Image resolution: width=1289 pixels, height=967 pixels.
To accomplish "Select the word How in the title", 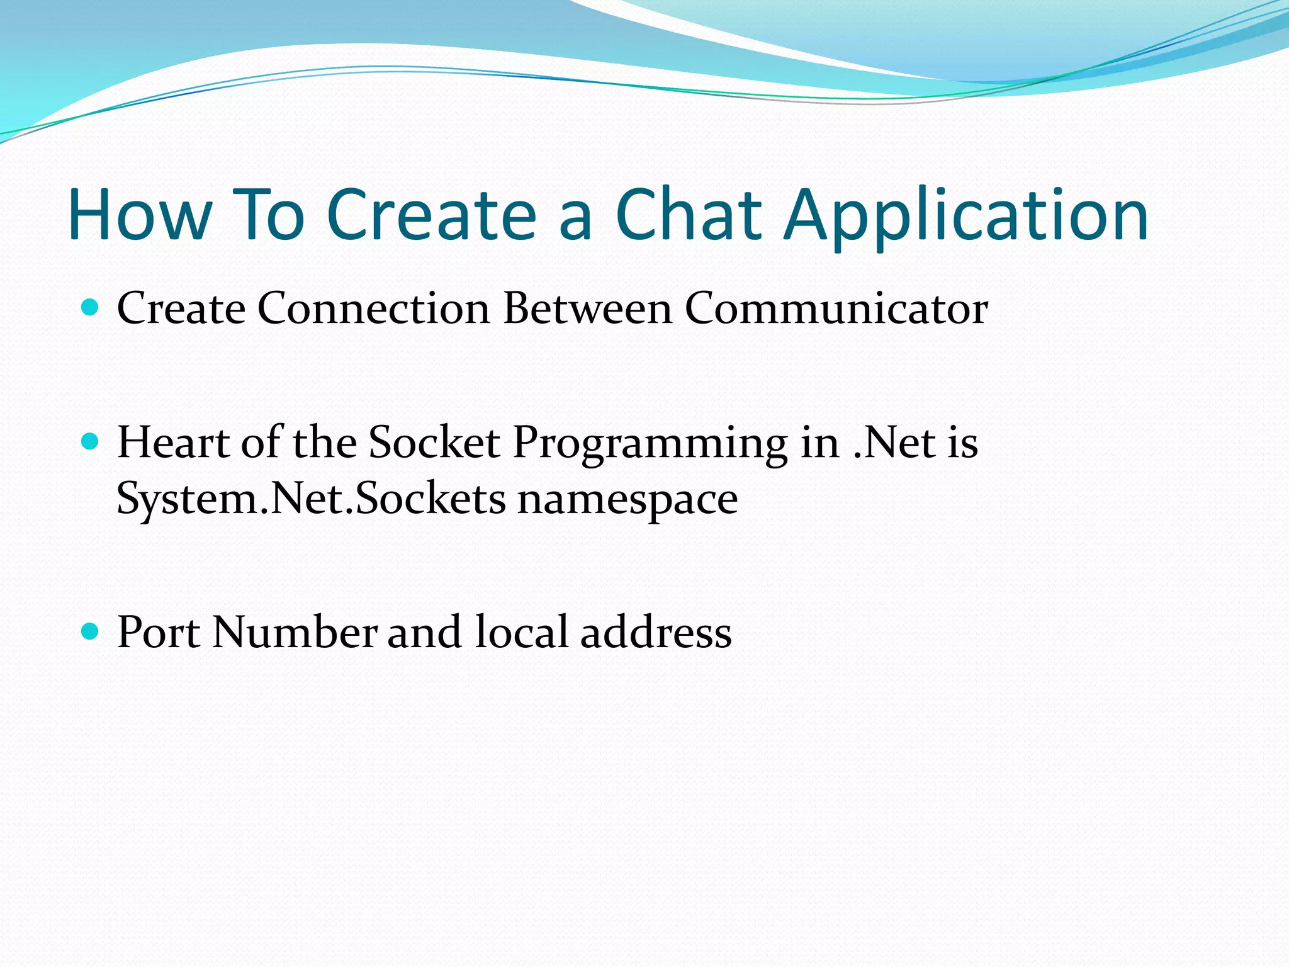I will tap(140, 215).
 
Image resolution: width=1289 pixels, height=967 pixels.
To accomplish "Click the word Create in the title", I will tap(432, 215).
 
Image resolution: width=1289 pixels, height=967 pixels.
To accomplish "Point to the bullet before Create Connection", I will tap(91, 308).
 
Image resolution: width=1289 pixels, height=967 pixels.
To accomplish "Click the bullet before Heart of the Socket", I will tap(91, 441).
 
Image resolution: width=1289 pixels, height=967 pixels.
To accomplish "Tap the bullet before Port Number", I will tap(91, 631).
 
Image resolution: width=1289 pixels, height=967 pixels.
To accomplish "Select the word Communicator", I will tap(836, 308).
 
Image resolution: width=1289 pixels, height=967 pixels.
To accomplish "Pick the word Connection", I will tap(373, 308).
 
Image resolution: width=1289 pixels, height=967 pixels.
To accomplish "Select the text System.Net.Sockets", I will tap(311, 499).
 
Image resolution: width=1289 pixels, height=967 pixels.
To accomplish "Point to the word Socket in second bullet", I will tap(434, 442).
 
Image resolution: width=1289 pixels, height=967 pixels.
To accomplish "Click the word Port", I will tap(159, 632).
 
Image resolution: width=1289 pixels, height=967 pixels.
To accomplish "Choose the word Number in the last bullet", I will tap(295, 632).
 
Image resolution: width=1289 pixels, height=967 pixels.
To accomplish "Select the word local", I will tap(522, 632).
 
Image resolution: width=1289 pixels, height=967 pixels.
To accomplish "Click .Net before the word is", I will tap(894, 442).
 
